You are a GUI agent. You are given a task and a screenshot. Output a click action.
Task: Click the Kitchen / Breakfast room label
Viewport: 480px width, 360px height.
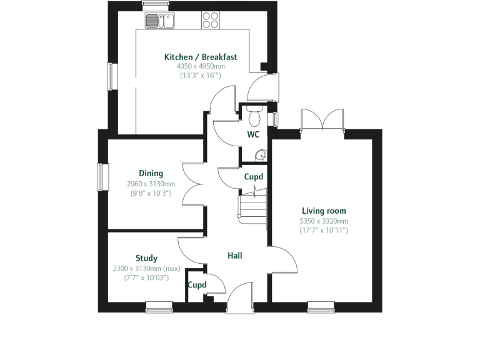point(200,57)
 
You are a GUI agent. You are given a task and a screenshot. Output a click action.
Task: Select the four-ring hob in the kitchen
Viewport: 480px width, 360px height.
point(211,21)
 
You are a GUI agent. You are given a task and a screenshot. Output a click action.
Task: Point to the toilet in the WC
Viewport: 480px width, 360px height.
point(254,116)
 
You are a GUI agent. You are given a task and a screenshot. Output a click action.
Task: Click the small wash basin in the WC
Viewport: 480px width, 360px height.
point(261,156)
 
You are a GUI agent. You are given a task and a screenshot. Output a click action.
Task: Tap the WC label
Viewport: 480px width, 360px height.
point(253,134)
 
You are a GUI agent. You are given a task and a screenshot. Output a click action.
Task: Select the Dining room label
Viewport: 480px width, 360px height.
point(151,173)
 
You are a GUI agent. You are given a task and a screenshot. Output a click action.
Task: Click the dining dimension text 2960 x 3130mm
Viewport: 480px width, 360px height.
point(151,184)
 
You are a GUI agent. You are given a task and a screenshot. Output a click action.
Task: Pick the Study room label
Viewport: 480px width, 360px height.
point(146,258)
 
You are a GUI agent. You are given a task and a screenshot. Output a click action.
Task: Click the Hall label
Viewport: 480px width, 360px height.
point(234,256)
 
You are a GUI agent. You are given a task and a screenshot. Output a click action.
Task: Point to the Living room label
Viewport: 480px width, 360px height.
point(323,211)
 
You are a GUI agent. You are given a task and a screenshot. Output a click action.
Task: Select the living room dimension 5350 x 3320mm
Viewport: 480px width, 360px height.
point(323,221)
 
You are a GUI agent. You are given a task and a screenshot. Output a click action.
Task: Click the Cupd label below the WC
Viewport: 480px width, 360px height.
point(253,177)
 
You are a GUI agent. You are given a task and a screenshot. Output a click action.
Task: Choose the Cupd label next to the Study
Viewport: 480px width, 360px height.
point(197,284)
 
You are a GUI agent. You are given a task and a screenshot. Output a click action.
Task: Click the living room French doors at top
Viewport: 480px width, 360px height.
point(322,120)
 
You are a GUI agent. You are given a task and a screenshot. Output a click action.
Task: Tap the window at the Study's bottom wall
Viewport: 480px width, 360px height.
point(159,307)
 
